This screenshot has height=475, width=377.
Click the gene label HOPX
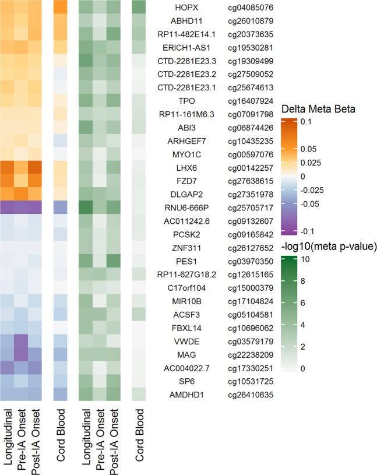[185, 8]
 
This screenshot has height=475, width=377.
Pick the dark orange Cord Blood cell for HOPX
[61, 8]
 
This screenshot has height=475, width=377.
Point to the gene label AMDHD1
[185, 395]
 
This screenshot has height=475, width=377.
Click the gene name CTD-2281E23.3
[185, 61]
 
